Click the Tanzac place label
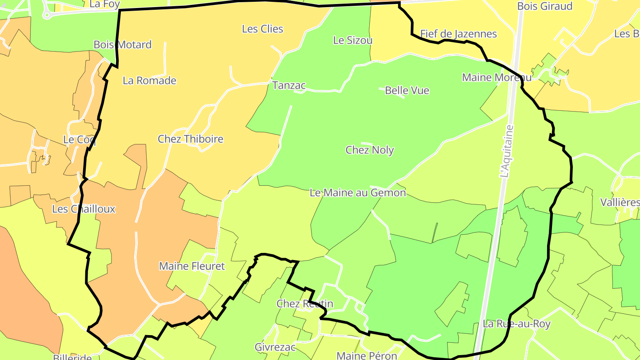tap(289, 85)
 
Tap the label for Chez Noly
tap(370, 150)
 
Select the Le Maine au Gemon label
tap(358, 193)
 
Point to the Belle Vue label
tap(407, 90)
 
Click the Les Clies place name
tap(262, 29)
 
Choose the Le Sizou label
tap(353, 40)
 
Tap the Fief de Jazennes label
tap(458, 34)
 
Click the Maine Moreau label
tap(496, 77)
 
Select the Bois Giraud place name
tap(544, 6)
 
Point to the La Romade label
tap(149, 80)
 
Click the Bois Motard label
tap(123, 44)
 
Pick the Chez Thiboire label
tap(190, 139)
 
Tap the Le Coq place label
tap(79, 140)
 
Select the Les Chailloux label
tap(84, 209)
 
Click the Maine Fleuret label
tap(192, 266)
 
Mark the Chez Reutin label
tap(304, 304)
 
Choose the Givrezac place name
tap(275, 347)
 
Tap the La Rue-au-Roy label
tap(516, 324)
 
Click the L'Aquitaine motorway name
tap(506, 152)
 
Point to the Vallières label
tap(620, 203)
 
